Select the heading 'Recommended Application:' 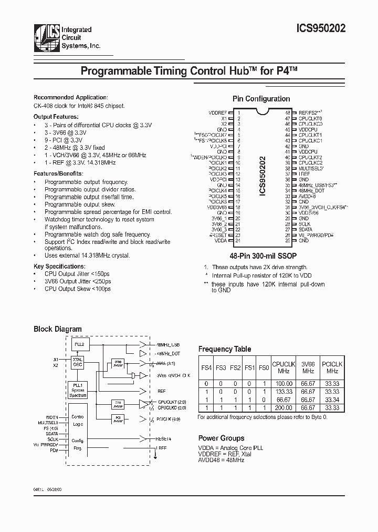70,97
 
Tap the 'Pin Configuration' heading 261,99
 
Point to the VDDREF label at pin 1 218,113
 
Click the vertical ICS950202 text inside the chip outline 263,176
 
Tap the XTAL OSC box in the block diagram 78,363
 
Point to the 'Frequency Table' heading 224,349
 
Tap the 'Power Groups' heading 221,438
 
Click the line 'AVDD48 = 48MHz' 221,460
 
